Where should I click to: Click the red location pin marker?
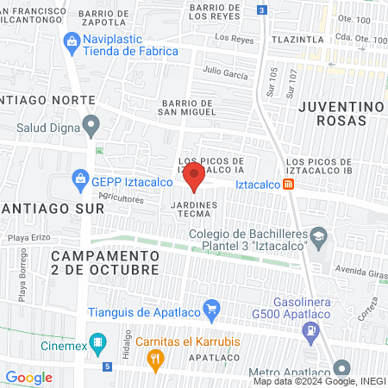(x=194, y=178)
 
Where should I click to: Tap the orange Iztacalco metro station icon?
(x=289, y=184)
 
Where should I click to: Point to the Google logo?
(x=28, y=377)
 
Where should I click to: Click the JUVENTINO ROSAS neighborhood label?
(x=341, y=112)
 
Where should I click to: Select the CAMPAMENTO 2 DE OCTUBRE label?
(x=104, y=263)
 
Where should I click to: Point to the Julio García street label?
(x=224, y=73)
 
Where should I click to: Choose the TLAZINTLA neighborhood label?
(x=299, y=39)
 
